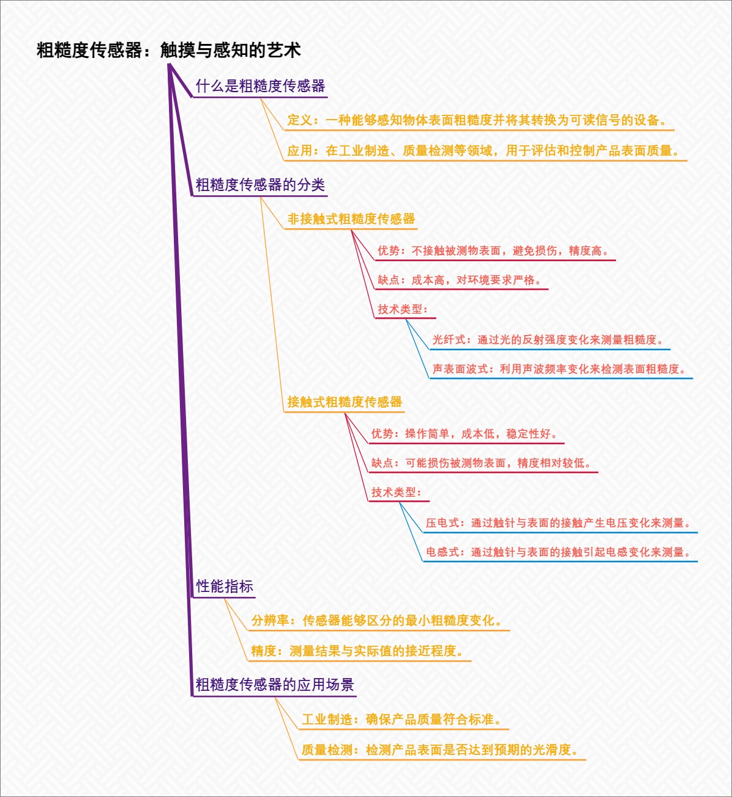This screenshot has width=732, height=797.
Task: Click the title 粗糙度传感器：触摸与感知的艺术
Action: [168, 50]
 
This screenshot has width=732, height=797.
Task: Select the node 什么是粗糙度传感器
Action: [260, 86]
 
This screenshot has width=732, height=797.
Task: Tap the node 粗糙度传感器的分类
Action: [260, 185]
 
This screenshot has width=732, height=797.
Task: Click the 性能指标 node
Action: [224, 586]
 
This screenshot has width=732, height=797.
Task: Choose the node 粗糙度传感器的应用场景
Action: [274, 685]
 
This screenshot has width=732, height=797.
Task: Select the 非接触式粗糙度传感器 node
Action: [351, 219]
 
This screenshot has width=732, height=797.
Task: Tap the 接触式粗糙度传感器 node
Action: [345, 402]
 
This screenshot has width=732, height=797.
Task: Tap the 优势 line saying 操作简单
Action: [465, 434]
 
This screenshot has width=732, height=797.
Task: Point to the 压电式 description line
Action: [559, 523]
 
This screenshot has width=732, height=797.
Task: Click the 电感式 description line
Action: [559, 552]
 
